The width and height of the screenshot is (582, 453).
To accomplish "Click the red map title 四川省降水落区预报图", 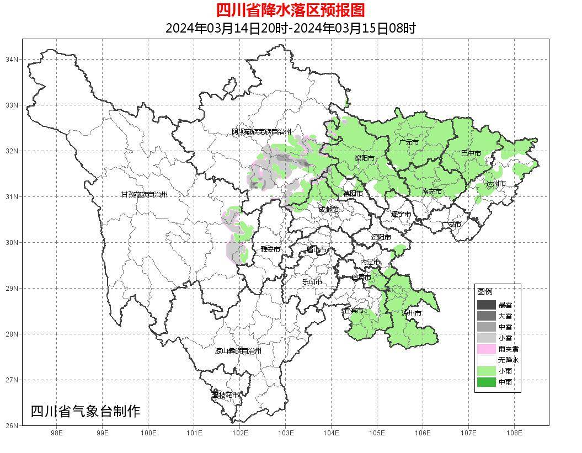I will pyautogui.click(x=290, y=10).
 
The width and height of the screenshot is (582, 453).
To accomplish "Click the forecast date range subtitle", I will pyautogui.click(x=290, y=28).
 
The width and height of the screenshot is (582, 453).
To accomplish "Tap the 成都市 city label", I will pyautogui.click(x=328, y=210).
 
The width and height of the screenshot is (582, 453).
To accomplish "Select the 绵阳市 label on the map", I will pyautogui.click(x=364, y=158).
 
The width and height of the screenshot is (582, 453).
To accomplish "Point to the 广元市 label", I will pyautogui.click(x=409, y=142).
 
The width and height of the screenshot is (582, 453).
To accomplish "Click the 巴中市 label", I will pyautogui.click(x=471, y=153).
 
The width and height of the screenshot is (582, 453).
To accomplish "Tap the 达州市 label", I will pyautogui.click(x=495, y=183).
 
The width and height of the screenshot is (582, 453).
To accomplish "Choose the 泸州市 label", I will pyautogui.click(x=412, y=313).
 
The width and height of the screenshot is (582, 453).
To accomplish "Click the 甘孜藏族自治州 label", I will pyautogui.click(x=144, y=195).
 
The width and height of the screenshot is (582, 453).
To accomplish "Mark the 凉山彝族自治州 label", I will pyautogui.click(x=238, y=351).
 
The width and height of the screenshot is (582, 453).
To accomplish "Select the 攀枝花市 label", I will pyautogui.click(x=226, y=395).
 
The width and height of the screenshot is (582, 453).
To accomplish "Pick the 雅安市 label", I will pyautogui.click(x=270, y=249).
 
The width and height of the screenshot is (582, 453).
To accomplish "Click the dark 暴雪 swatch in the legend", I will pyautogui.click(x=487, y=305).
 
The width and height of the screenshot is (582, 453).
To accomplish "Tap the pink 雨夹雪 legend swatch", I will pyautogui.click(x=487, y=349).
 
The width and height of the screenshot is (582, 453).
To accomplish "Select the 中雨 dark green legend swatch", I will pyautogui.click(x=487, y=382).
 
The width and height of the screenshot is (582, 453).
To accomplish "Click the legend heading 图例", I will pyautogui.click(x=485, y=291).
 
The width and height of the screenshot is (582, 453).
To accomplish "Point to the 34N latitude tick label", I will pyautogui.click(x=12, y=59).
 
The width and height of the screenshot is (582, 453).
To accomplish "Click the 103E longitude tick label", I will pyautogui.click(x=285, y=433).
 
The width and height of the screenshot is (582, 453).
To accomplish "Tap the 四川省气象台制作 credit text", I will pyautogui.click(x=86, y=411).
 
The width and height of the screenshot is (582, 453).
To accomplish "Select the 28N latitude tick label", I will pyautogui.click(x=12, y=334).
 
